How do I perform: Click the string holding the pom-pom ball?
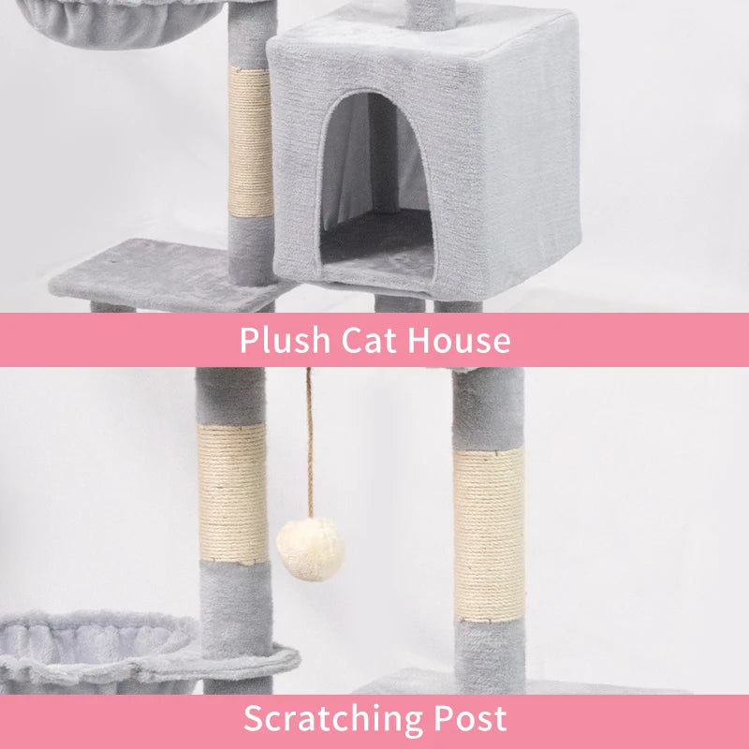[x=309, y=440]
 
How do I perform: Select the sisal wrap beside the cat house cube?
[x=250, y=140]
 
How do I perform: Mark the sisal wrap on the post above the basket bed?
[x=233, y=493]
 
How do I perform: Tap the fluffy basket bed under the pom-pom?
[x=94, y=646]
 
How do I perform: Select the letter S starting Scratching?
[x=253, y=718]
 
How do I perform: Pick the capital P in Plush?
[x=248, y=340]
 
